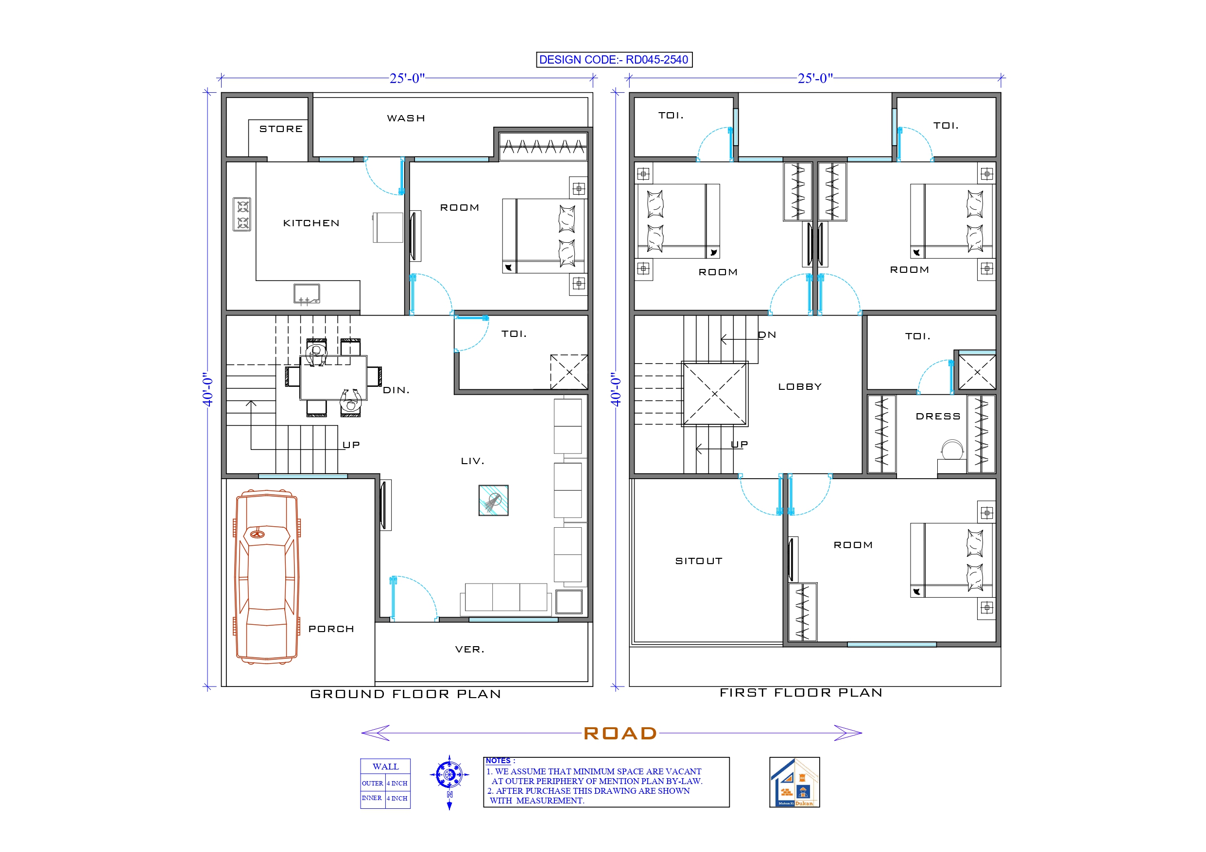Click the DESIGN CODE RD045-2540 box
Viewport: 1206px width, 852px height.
614,60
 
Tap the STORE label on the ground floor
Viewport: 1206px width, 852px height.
281,129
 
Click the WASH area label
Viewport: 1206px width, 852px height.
406,118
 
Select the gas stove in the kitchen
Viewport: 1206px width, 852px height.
242,214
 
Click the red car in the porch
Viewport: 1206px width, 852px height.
267,577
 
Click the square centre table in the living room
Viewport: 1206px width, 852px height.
493,501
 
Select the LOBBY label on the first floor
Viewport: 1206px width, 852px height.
799,387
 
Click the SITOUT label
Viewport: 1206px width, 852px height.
699,561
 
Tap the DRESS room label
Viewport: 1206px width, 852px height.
938,416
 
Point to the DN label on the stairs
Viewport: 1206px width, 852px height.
767,335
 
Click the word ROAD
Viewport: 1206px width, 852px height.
620,734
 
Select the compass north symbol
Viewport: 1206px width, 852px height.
449,775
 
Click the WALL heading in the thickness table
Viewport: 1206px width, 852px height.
385,767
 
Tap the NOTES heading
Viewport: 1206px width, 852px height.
498,761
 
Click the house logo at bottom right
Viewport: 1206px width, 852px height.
794,782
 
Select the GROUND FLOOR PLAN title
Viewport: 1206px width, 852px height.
406,694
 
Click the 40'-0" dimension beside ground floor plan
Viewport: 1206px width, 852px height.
208,389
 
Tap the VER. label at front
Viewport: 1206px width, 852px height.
469,650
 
